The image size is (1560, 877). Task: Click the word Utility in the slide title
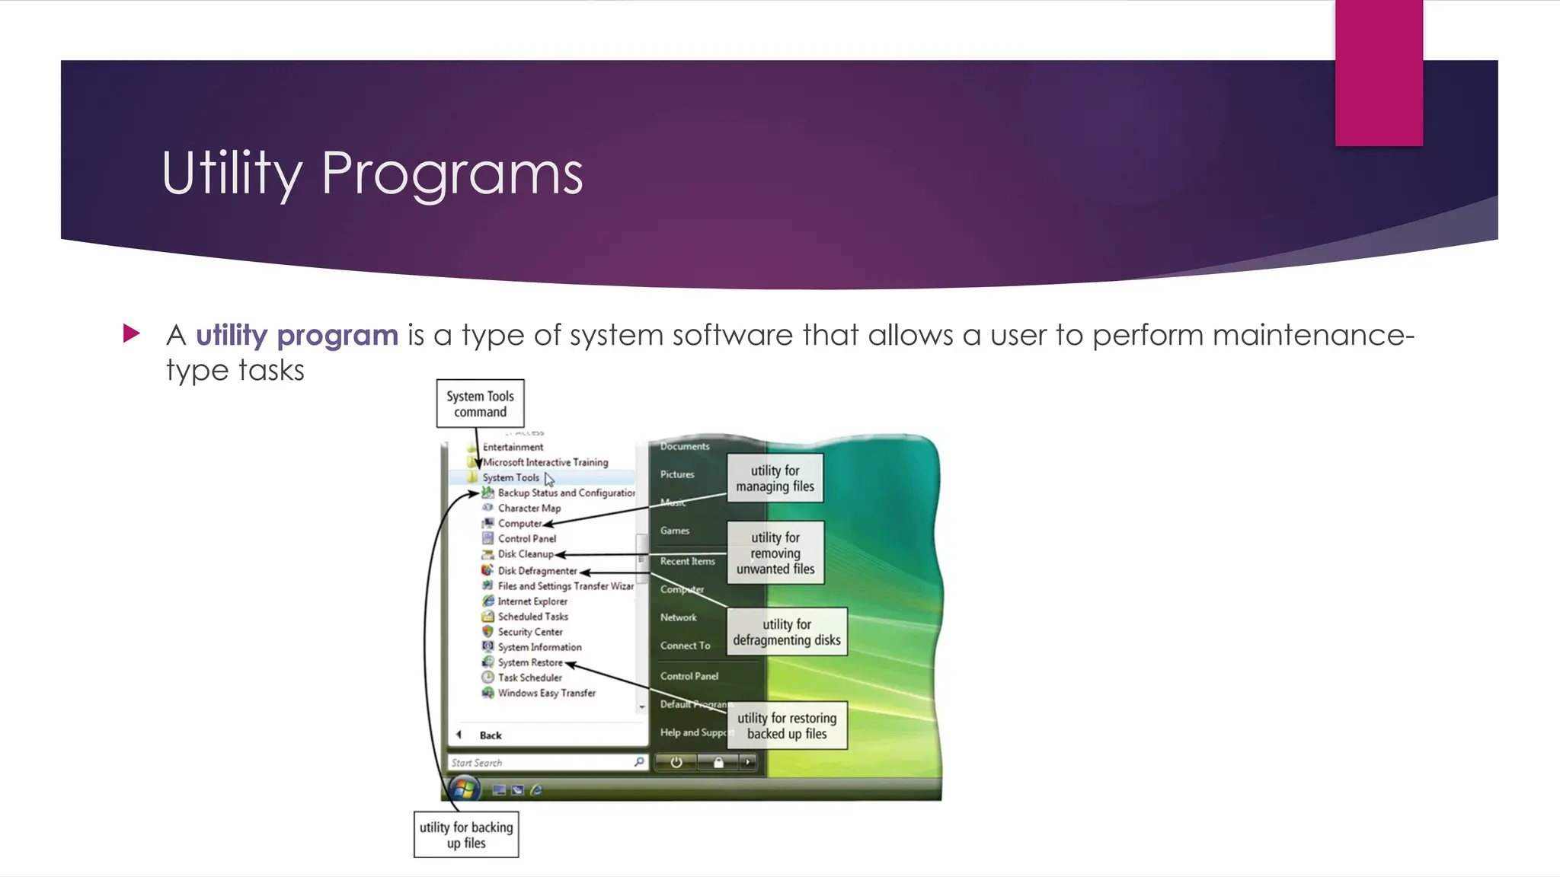(x=232, y=174)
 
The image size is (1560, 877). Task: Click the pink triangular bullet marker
(x=132, y=333)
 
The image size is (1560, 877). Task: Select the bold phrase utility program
(x=296, y=335)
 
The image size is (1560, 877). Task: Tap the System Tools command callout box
(x=480, y=403)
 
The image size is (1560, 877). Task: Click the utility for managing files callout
(x=775, y=479)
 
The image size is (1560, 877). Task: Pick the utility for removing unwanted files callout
(x=775, y=553)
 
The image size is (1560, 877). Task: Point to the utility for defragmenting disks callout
(x=786, y=632)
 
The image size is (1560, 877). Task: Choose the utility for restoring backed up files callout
(x=786, y=726)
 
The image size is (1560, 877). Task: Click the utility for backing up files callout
(x=466, y=835)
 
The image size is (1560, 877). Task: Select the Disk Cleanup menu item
(x=525, y=554)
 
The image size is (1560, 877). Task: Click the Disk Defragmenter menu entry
(x=536, y=571)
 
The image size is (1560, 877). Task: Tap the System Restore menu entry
(x=529, y=662)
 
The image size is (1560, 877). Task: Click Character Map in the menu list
(x=529, y=509)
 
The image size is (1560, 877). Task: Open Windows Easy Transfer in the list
(x=546, y=693)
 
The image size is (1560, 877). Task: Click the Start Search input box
(x=541, y=762)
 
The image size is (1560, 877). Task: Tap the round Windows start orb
(x=464, y=789)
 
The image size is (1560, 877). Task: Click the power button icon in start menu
(x=676, y=762)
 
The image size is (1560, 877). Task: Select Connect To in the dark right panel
(x=685, y=646)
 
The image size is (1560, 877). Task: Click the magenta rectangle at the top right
(x=1379, y=72)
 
